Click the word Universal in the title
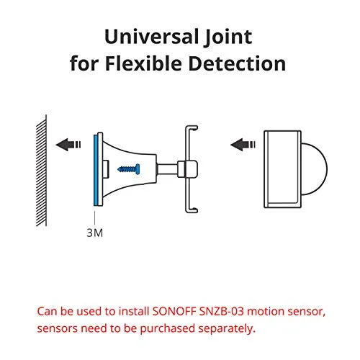pos(151,37)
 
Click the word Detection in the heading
pos(237,63)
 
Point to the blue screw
pos(129,169)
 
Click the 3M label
pos(94,233)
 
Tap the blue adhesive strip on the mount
pos(96,170)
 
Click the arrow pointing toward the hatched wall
pos(68,145)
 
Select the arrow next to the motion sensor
pos(243,145)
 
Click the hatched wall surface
pos(42,171)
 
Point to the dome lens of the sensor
pos(315,169)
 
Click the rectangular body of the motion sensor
pos(282,169)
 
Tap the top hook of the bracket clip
pos(192,128)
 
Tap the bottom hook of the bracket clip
pos(192,210)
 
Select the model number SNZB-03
pos(222,311)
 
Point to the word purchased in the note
pos(168,329)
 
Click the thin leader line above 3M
pos(95,218)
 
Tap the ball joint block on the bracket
pos(188,169)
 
